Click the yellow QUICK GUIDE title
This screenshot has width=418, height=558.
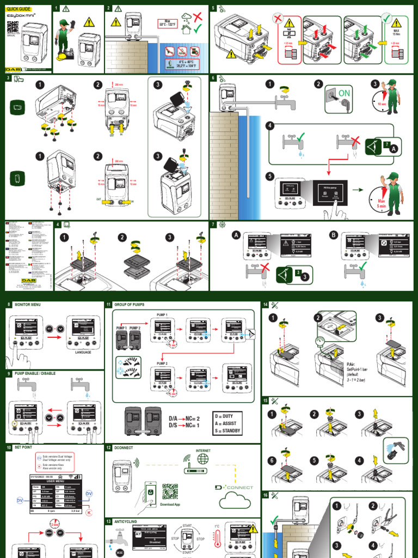[x=19, y=9]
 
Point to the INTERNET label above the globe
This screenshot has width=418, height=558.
[x=203, y=451]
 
